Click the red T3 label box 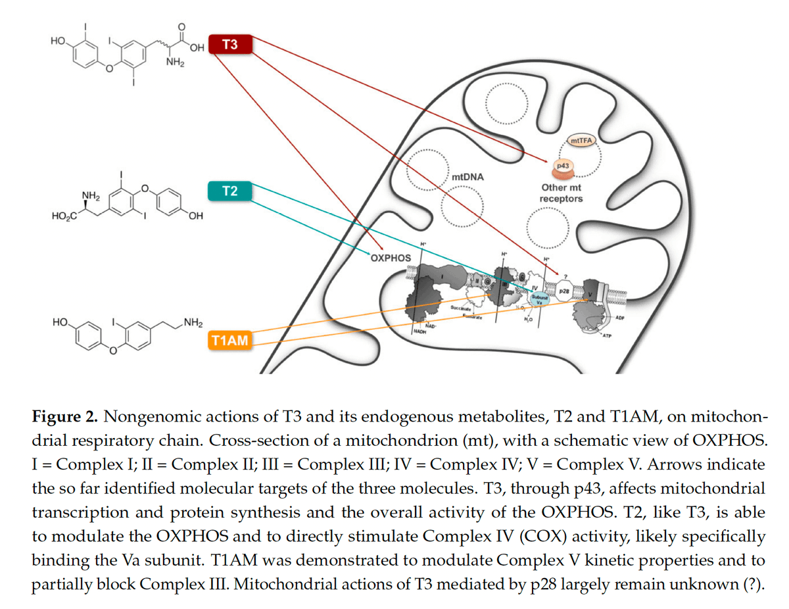pyautogui.click(x=229, y=45)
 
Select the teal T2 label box pyautogui.click(x=229, y=191)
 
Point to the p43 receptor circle pyautogui.click(x=563, y=167)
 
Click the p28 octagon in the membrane pyautogui.click(x=564, y=289)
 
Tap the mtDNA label pyautogui.click(x=467, y=178)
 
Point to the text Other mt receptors pyautogui.click(x=561, y=193)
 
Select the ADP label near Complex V pyautogui.click(x=620, y=316)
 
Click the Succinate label pyautogui.click(x=460, y=307)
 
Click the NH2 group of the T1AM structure pyautogui.click(x=193, y=322)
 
